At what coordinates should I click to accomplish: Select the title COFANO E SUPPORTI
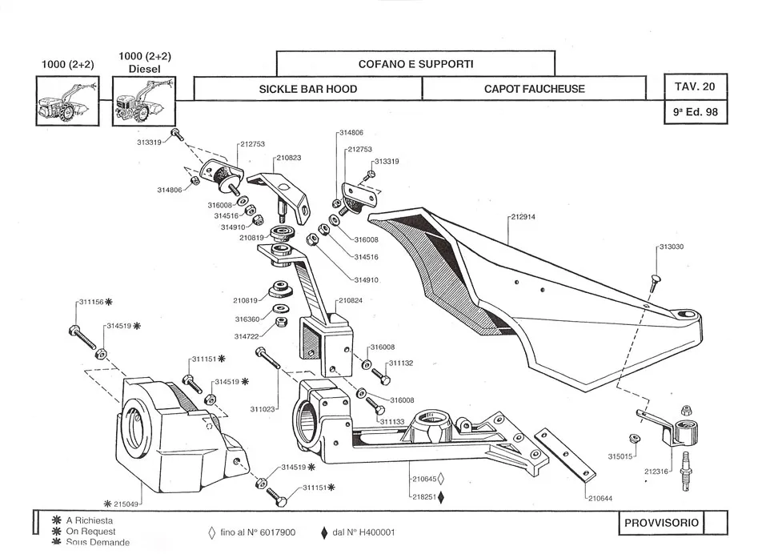click(415, 62)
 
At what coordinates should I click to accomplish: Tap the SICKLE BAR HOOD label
click(308, 89)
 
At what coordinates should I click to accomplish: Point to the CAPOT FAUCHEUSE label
click(534, 89)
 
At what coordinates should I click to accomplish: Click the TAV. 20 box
click(695, 86)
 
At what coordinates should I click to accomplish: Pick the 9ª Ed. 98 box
click(695, 112)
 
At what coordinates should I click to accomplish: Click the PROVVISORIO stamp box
click(662, 524)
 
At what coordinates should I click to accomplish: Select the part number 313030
click(671, 247)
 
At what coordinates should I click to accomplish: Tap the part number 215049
click(126, 504)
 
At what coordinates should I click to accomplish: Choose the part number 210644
click(600, 498)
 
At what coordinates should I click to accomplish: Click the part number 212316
click(656, 472)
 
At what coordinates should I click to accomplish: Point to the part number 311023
click(263, 409)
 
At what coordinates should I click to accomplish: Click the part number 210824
click(351, 301)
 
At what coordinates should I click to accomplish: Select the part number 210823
click(288, 158)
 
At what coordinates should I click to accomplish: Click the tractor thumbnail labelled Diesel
click(142, 102)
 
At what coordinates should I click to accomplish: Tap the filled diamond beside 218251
click(441, 497)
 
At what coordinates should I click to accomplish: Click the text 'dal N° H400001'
click(363, 532)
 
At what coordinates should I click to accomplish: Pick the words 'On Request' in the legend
click(91, 532)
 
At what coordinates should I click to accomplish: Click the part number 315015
click(620, 456)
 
